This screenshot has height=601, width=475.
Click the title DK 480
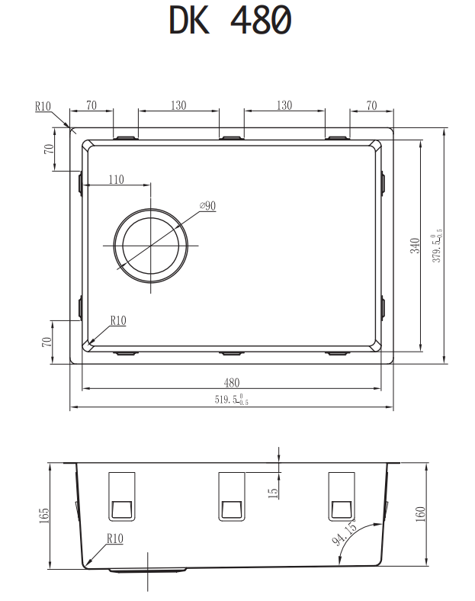pos(230,21)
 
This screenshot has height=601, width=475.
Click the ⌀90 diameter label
pos(207,206)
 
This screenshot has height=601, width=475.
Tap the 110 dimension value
pos(116,179)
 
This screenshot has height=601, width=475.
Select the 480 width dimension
pos(232,383)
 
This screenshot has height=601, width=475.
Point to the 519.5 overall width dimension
pos(231,400)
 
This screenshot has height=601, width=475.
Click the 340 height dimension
pos(415,246)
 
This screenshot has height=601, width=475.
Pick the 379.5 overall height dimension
pos(437,246)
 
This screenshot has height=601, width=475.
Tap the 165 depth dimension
pos(44,516)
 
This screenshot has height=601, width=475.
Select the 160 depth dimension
pos(421,514)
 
